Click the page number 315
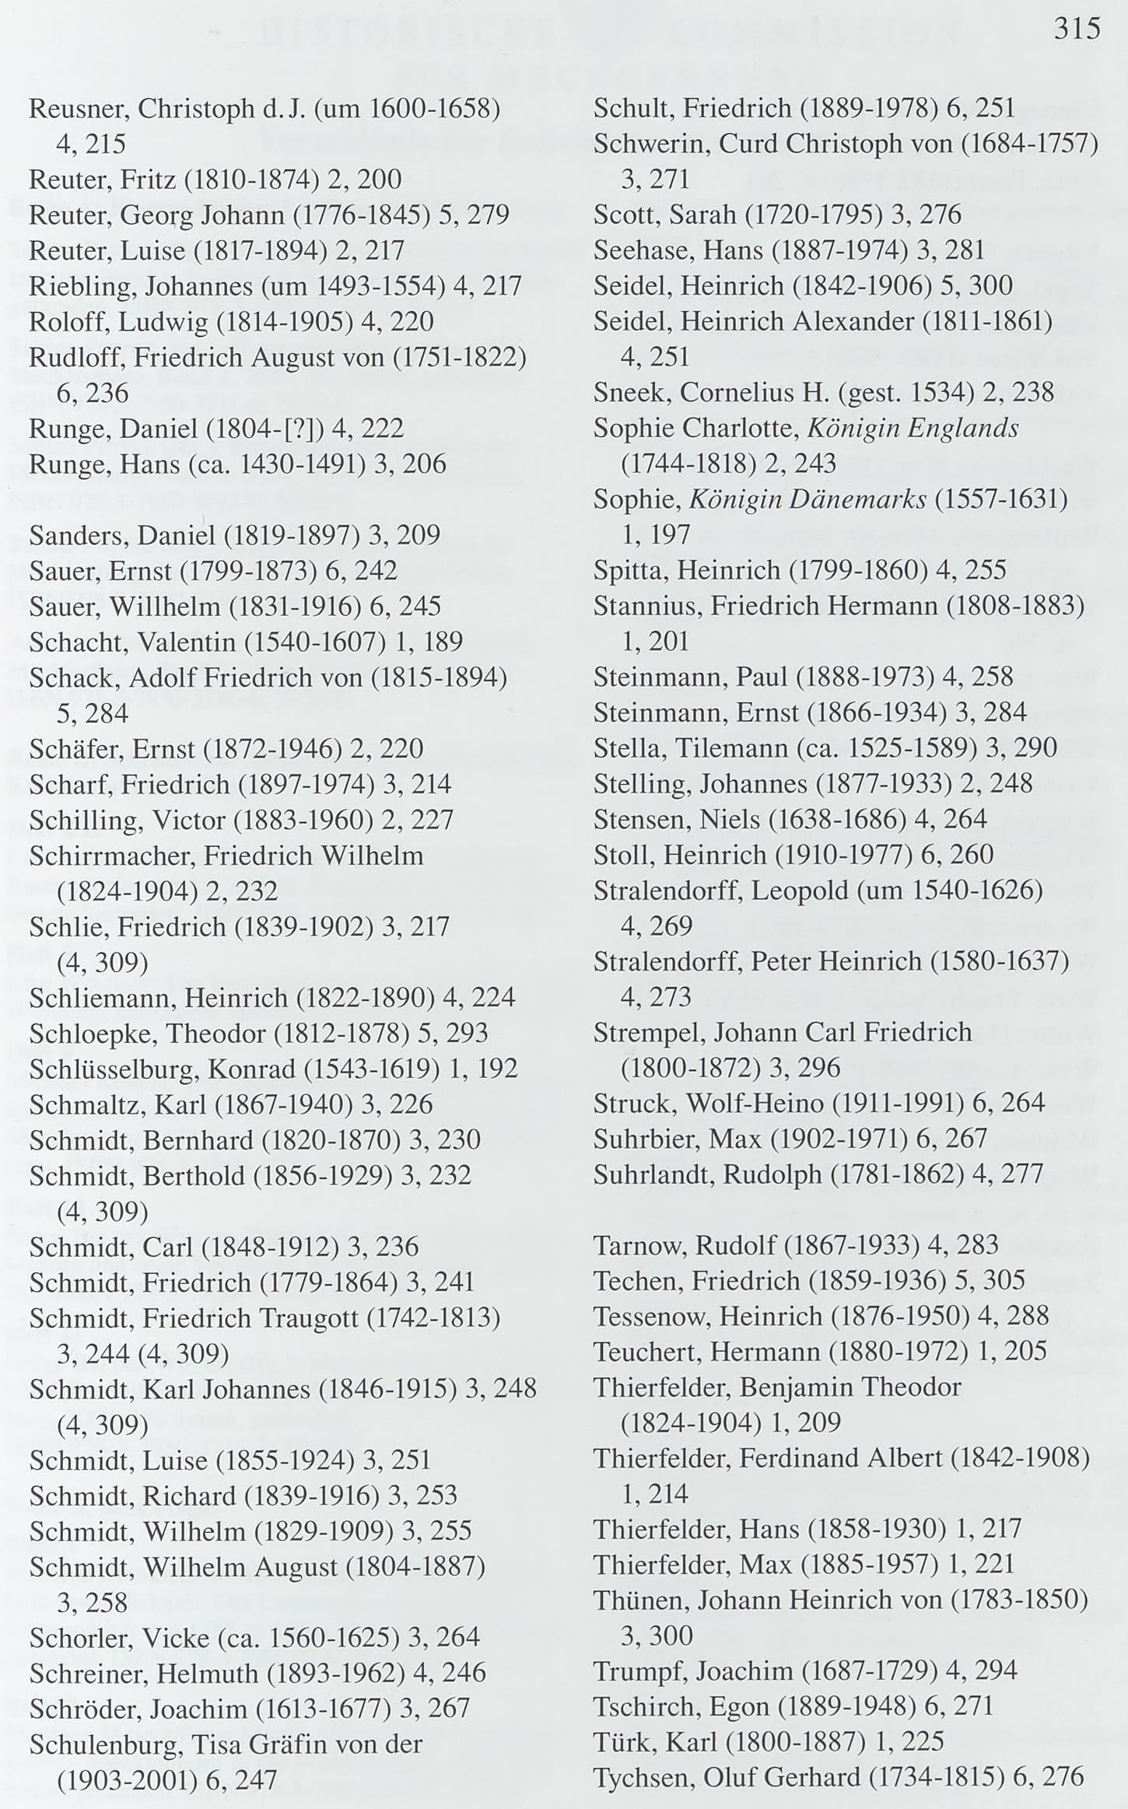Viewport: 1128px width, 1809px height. [x=1077, y=30]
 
